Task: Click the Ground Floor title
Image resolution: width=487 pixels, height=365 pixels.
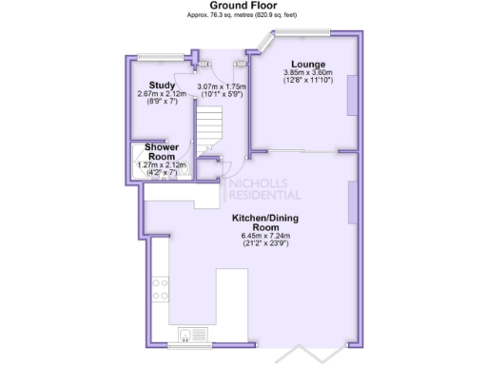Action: pyautogui.click(x=243, y=7)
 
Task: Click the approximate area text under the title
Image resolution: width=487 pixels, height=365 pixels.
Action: pyautogui.click(x=243, y=17)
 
